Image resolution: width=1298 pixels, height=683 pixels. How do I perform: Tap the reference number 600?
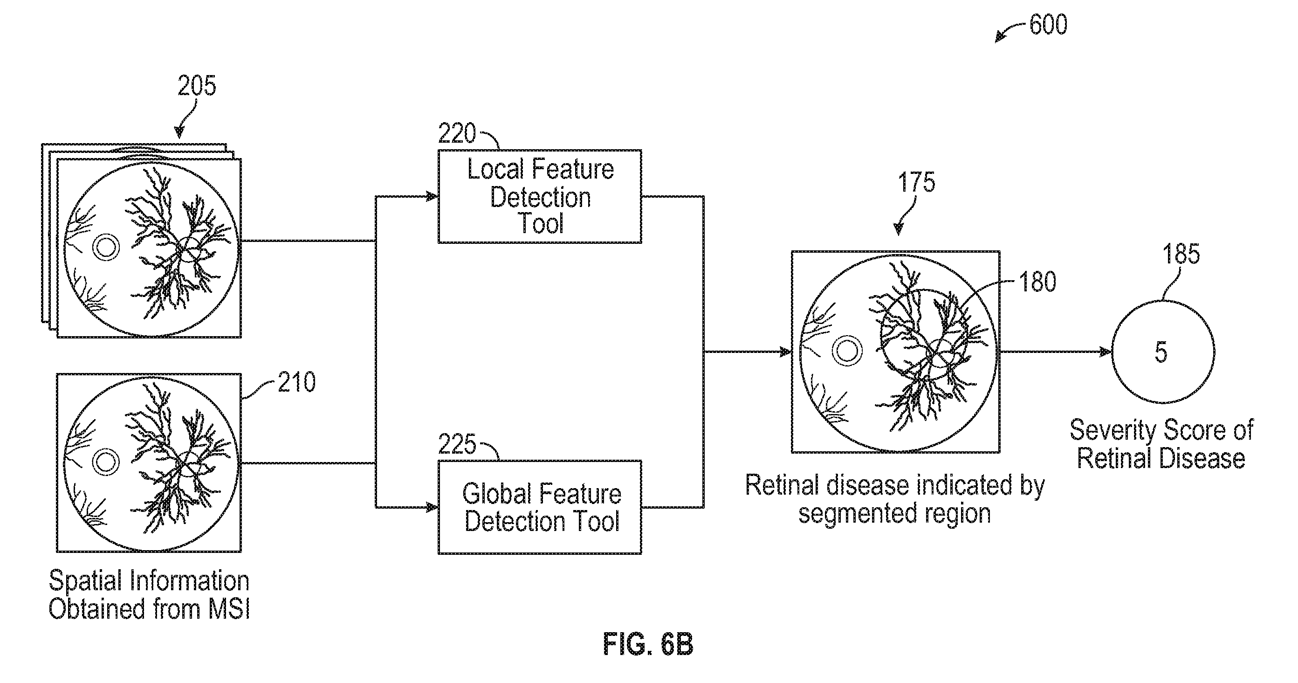(x=1048, y=25)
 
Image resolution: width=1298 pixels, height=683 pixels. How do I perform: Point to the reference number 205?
(x=197, y=86)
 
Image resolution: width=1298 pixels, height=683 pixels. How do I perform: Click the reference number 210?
(x=297, y=382)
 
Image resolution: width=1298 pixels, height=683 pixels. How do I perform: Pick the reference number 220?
(x=457, y=134)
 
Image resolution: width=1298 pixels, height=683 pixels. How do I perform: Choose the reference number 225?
(x=457, y=445)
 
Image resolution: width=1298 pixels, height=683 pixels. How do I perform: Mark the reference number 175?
(x=917, y=182)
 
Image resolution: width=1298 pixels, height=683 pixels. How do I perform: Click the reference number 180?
(x=1037, y=282)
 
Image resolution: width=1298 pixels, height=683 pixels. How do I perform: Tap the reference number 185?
(x=1181, y=254)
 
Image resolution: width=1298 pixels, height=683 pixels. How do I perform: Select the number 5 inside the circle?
(x=1161, y=352)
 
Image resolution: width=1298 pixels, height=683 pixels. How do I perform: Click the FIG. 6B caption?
(x=648, y=644)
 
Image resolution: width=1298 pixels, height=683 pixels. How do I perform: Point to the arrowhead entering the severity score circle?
(x=1106, y=352)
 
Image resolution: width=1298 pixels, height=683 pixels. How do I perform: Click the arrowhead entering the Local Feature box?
(x=431, y=197)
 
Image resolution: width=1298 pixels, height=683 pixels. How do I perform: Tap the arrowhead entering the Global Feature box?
(x=431, y=507)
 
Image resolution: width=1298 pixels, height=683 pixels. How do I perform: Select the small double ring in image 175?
(x=847, y=352)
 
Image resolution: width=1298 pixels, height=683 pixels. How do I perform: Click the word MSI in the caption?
(x=229, y=609)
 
